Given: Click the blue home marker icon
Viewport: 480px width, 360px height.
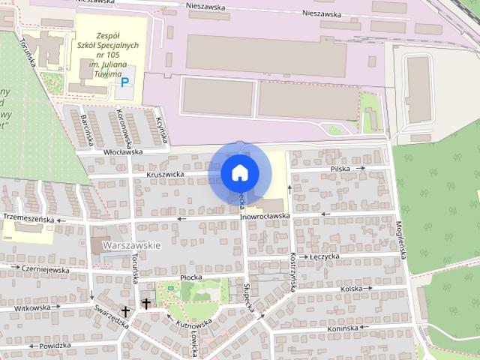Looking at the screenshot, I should [x=239, y=173].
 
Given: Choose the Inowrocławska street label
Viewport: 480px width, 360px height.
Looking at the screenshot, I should [x=265, y=216].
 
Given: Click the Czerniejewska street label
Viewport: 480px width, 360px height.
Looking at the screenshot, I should [x=45, y=268].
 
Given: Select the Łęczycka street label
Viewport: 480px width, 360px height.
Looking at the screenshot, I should [x=325, y=256].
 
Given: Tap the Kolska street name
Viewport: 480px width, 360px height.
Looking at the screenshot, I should [x=351, y=288].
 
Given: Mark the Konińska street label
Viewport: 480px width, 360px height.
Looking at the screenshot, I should [x=343, y=328].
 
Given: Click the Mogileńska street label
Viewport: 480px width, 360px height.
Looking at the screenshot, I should [x=402, y=239].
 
